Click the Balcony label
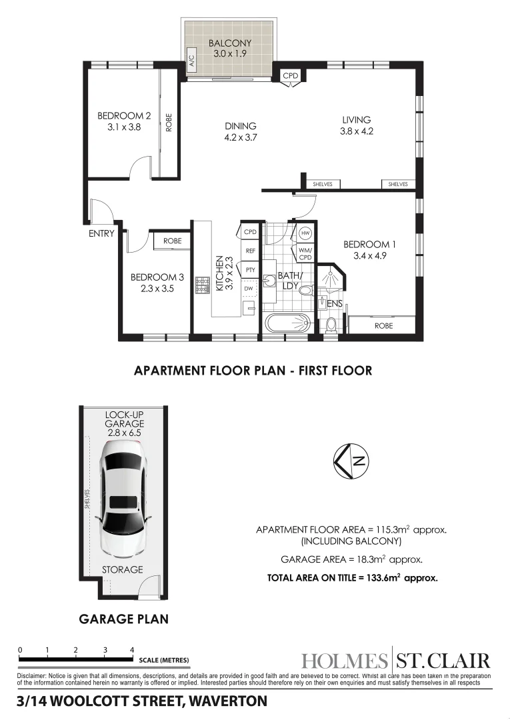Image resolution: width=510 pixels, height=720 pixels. pyautogui.click(x=230, y=43)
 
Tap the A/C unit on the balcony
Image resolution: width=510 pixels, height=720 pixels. pyautogui.click(x=191, y=61)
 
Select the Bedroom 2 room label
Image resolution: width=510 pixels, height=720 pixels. pyautogui.click(x=124, y=116)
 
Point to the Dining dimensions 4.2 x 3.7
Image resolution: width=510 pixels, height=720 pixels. pyautogui.click(x=240, y=137)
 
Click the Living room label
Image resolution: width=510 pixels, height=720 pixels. pyautogui.click(x=356, y=120)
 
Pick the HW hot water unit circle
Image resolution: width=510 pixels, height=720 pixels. pyautogui.click(x=305, y=233)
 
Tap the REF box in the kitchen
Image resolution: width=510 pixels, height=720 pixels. pyautogui.click(x=250, y=251)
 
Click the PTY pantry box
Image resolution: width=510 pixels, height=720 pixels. pyautogui.click(x=250, y=269)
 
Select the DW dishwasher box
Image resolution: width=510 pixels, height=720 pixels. pyautogui.click(x=249, y=289)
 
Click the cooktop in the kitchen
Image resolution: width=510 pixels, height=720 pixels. pyautogui.click(x=202, y=285)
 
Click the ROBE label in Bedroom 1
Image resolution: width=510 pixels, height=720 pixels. pyautogui.click(x=384, y=325)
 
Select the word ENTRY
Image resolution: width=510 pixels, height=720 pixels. pyautogui.click(x=101, y=233)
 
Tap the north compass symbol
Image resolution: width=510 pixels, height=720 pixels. pyautogui.click(x=351, y=461)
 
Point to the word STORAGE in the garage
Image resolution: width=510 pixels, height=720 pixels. pyautogui.click(x=122, y=569)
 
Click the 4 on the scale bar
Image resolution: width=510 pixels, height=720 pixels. pyautogui.click(x=132, y=650)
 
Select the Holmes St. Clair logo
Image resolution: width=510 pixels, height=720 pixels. pyautogui.click(x=395, y=661)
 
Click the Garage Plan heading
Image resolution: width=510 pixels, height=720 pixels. pyautogui.click(x=124, y=619)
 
